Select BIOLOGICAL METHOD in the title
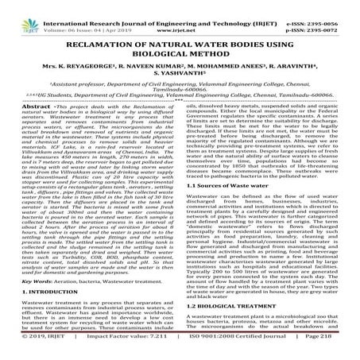180,50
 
